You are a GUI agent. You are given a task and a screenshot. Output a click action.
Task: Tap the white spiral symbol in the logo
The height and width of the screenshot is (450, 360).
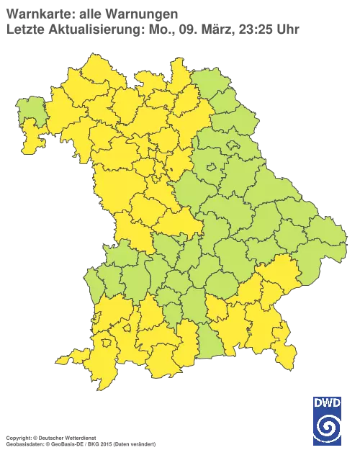pos(327,426)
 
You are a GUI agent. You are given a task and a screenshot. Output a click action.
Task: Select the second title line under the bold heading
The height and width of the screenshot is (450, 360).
pos(151,29)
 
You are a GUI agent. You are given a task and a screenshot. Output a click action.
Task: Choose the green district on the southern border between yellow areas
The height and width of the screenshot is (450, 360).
pos(209,342)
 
